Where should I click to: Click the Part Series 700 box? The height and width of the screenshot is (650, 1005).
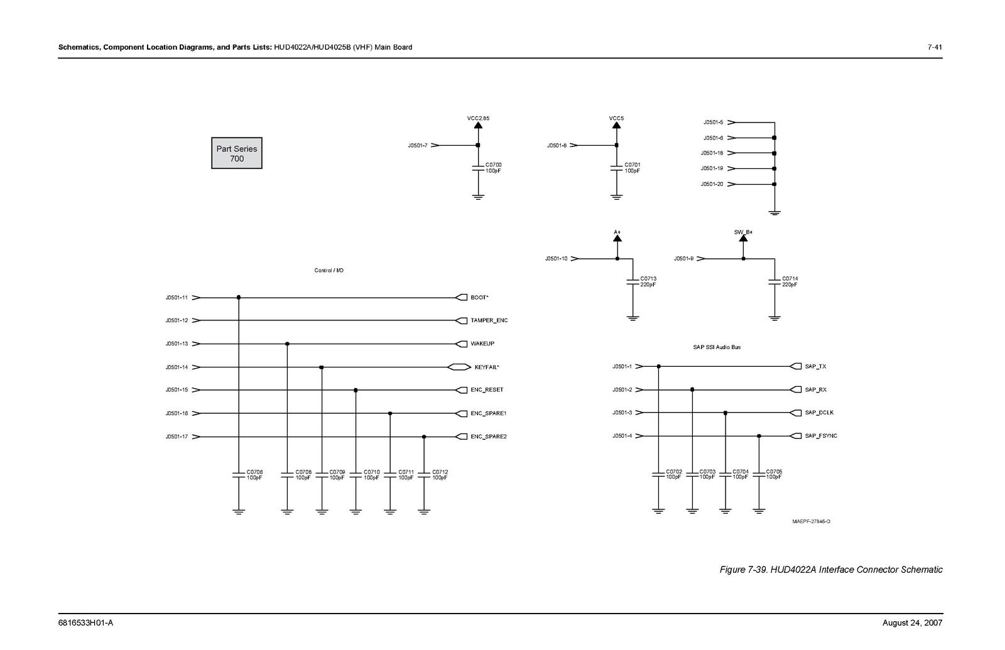point(236,153)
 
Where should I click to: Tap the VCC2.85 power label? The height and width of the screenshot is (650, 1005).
point(478,119)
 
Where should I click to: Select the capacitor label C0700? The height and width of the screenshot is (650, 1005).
point(494,165)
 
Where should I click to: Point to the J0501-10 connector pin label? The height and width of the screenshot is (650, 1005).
point(557,259)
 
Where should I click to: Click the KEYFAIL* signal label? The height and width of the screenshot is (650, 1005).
point(487,367)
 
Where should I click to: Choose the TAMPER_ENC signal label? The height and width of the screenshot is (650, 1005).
point(489,320)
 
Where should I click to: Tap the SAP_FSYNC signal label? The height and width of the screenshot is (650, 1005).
point(821,436)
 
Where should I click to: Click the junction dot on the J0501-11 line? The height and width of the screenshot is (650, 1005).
point(239,298)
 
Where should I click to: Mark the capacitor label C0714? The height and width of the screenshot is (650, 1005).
point(790,279)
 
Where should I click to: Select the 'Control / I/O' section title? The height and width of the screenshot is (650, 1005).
point(329,271)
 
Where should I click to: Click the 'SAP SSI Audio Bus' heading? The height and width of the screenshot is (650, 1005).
point(717,347)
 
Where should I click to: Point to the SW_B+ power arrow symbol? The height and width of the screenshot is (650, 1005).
point(744,239)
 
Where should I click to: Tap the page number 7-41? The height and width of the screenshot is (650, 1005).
point(935,47)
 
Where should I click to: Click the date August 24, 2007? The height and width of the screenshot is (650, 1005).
point(912,622)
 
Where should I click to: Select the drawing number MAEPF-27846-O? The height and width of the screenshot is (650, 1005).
point(811,521)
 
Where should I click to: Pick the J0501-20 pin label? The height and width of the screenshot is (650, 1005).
point(712,184)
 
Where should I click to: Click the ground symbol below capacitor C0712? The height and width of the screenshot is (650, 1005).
point(424,512)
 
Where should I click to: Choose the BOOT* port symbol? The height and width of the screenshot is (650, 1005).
point(461,298)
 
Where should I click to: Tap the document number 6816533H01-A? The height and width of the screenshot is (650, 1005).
point(85,622)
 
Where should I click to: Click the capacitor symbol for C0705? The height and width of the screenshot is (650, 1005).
point(759,474)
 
